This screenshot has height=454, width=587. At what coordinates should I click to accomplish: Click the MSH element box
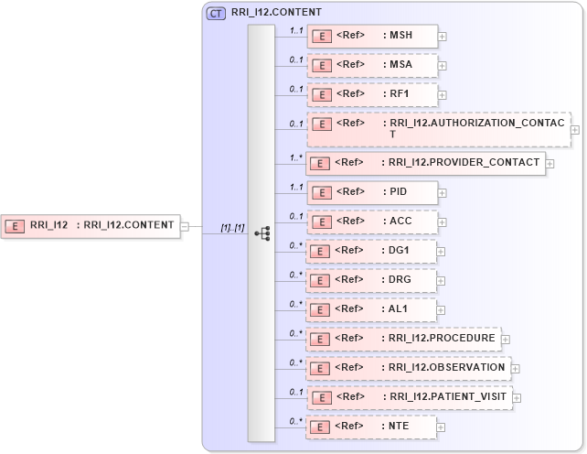(x=372, y=37)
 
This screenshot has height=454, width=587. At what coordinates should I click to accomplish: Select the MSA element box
(x=372, y=66)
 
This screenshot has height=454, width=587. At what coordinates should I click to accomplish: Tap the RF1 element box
(x=372, y=94)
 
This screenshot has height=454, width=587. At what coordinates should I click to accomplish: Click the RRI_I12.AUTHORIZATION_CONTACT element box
(x=438, y=129)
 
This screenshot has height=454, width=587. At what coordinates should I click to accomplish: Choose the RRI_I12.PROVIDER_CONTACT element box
(x=425, y=164)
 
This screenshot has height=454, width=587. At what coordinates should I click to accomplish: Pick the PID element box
(x=372, y=192)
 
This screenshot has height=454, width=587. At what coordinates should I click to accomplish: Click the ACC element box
(x=372, y=222)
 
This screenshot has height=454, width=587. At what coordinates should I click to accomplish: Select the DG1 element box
(x=372, y=251)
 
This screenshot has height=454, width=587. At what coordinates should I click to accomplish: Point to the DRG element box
(x=372, y=280)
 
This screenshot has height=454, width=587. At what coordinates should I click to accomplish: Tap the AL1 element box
(x=372, y=309)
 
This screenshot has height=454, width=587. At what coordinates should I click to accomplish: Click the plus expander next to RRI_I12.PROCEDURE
(x=506, y=339)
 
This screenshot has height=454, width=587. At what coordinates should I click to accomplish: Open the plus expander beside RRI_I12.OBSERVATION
(x=516, y=368)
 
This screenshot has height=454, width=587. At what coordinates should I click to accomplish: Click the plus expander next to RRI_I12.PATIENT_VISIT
(x=518, y=397)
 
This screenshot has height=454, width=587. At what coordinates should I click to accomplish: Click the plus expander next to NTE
(x=443, y=427)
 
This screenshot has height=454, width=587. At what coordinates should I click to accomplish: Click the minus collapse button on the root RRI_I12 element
(x=185, y=226)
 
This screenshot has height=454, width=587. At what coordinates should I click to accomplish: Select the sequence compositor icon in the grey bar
(x=261, y=233)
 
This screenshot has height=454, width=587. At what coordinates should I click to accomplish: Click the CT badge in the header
(x=217, y=13)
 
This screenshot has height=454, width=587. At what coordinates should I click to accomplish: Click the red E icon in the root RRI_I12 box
(x=15, y=225)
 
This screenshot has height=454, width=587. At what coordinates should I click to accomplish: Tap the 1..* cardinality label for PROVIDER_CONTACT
(x=295, y=157)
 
